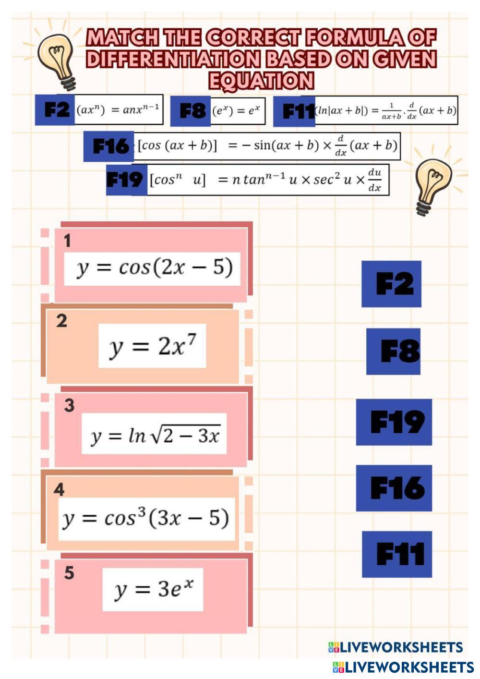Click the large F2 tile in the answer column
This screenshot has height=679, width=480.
pos(391,284)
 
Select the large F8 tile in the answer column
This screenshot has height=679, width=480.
pos(393,352)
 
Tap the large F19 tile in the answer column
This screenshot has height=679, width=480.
pos(394,422)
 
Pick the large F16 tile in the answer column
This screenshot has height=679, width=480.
pos(394,488)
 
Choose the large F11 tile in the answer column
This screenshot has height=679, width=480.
pos(397,554)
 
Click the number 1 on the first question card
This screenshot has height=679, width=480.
pos(67,241)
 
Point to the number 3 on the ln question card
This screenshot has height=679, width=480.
pos(69,405)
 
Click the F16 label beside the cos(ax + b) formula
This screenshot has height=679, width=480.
pos(108,146)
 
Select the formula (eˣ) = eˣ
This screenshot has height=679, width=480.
pos(236,111)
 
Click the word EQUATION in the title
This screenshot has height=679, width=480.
pos(261,80)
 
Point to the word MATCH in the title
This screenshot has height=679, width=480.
pos(122,37)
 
